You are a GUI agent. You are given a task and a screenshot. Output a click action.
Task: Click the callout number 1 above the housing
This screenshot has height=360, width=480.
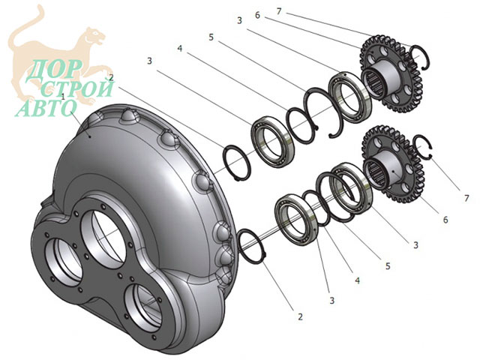point(63,97)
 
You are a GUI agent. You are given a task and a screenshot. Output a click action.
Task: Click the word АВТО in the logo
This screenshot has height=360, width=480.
point(46,107)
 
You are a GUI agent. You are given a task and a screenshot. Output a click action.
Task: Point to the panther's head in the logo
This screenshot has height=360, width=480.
point(94,35)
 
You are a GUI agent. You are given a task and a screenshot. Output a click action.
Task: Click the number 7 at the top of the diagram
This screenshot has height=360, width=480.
point(278,11)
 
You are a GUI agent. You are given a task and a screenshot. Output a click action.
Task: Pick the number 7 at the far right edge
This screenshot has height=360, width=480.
point(466,198)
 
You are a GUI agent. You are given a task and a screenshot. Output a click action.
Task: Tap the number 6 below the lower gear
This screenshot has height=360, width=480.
point(445,219)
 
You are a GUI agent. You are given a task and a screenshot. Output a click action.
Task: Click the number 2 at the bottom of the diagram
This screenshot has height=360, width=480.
point(300,316)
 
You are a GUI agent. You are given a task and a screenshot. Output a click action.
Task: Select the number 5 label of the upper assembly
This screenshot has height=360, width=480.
point(211,37)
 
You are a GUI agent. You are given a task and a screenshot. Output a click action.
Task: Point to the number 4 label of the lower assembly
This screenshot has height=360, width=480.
point(357,280)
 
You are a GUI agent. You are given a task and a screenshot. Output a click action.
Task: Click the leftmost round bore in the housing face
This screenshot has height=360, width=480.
point(62,261)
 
